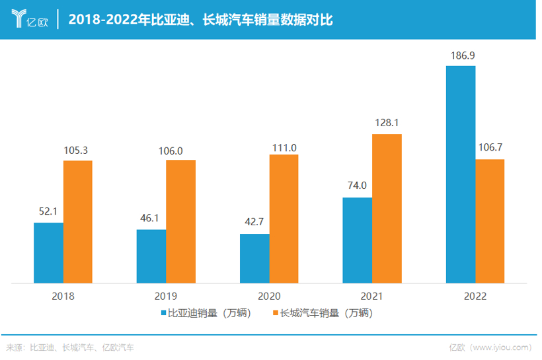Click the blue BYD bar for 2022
[x=460, y=174]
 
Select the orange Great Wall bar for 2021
[x=387, y=209]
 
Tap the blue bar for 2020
[x=254, y=258]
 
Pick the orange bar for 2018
[x=78, y=222]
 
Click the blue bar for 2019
[x=151, y=256]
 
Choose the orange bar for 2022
[x=490, y=221]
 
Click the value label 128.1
[x=387, y=123]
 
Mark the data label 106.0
[x=180, y=149]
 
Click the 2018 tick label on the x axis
[x=63, y=296]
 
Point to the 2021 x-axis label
[x=372, y=296]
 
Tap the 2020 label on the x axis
[x=269, y=296]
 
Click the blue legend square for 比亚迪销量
[x=164, y=314]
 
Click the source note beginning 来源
[x=70, y=347]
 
